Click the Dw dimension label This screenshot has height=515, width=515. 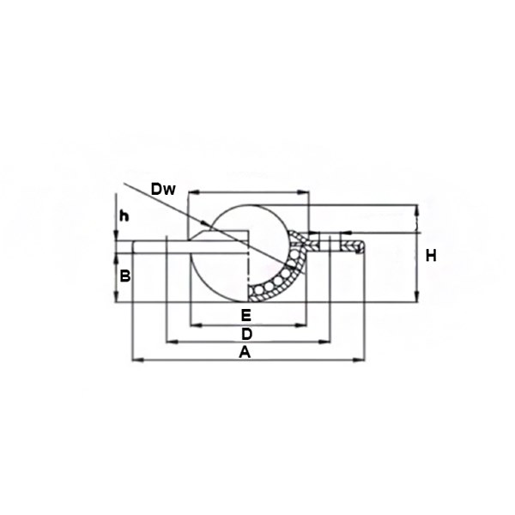click(163, 190)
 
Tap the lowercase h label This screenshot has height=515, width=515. click(124, 216)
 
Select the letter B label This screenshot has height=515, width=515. click(125, 276)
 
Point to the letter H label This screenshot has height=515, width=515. click(431, 256)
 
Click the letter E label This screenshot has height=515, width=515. click(246, 315)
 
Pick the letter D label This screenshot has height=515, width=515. click(246, 334)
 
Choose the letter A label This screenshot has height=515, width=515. click(245, 353)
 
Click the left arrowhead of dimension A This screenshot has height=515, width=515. click(137, 360)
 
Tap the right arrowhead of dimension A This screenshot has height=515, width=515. click(358, 360)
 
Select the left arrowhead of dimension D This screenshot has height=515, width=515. click(173, 342)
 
